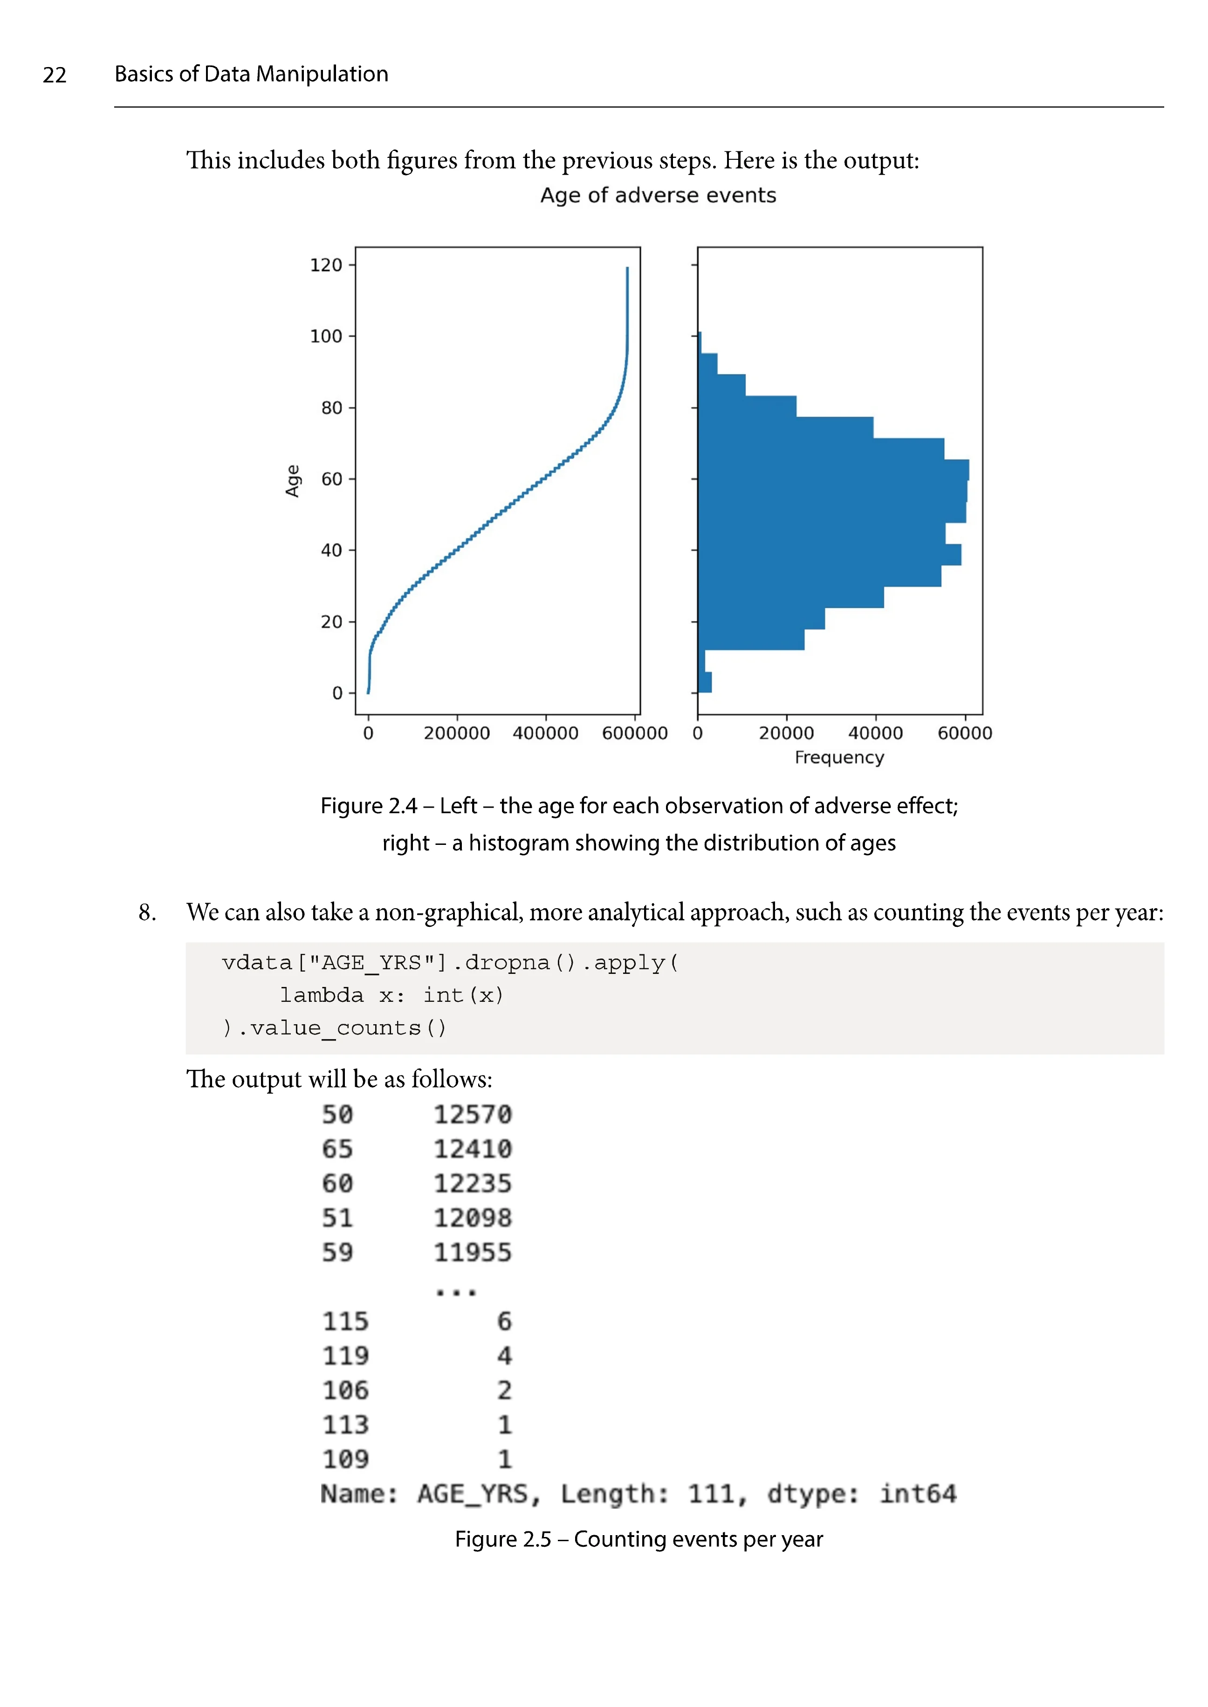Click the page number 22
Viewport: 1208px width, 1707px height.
55,75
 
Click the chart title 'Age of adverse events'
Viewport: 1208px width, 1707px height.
658,196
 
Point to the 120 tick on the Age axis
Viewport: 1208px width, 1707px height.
326,265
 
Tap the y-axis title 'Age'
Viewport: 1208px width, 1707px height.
292,481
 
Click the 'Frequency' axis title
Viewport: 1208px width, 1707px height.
839,758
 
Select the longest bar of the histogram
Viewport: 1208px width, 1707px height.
833,470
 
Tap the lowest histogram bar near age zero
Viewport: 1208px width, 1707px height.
704,682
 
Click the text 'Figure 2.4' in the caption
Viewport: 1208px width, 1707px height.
368,806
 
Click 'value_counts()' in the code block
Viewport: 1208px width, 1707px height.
347,1028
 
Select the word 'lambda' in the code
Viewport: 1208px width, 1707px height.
321,995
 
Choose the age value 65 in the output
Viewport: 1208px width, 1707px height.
337,1149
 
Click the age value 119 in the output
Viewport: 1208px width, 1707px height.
345,1356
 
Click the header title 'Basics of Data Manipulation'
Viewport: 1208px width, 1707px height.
251,75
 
